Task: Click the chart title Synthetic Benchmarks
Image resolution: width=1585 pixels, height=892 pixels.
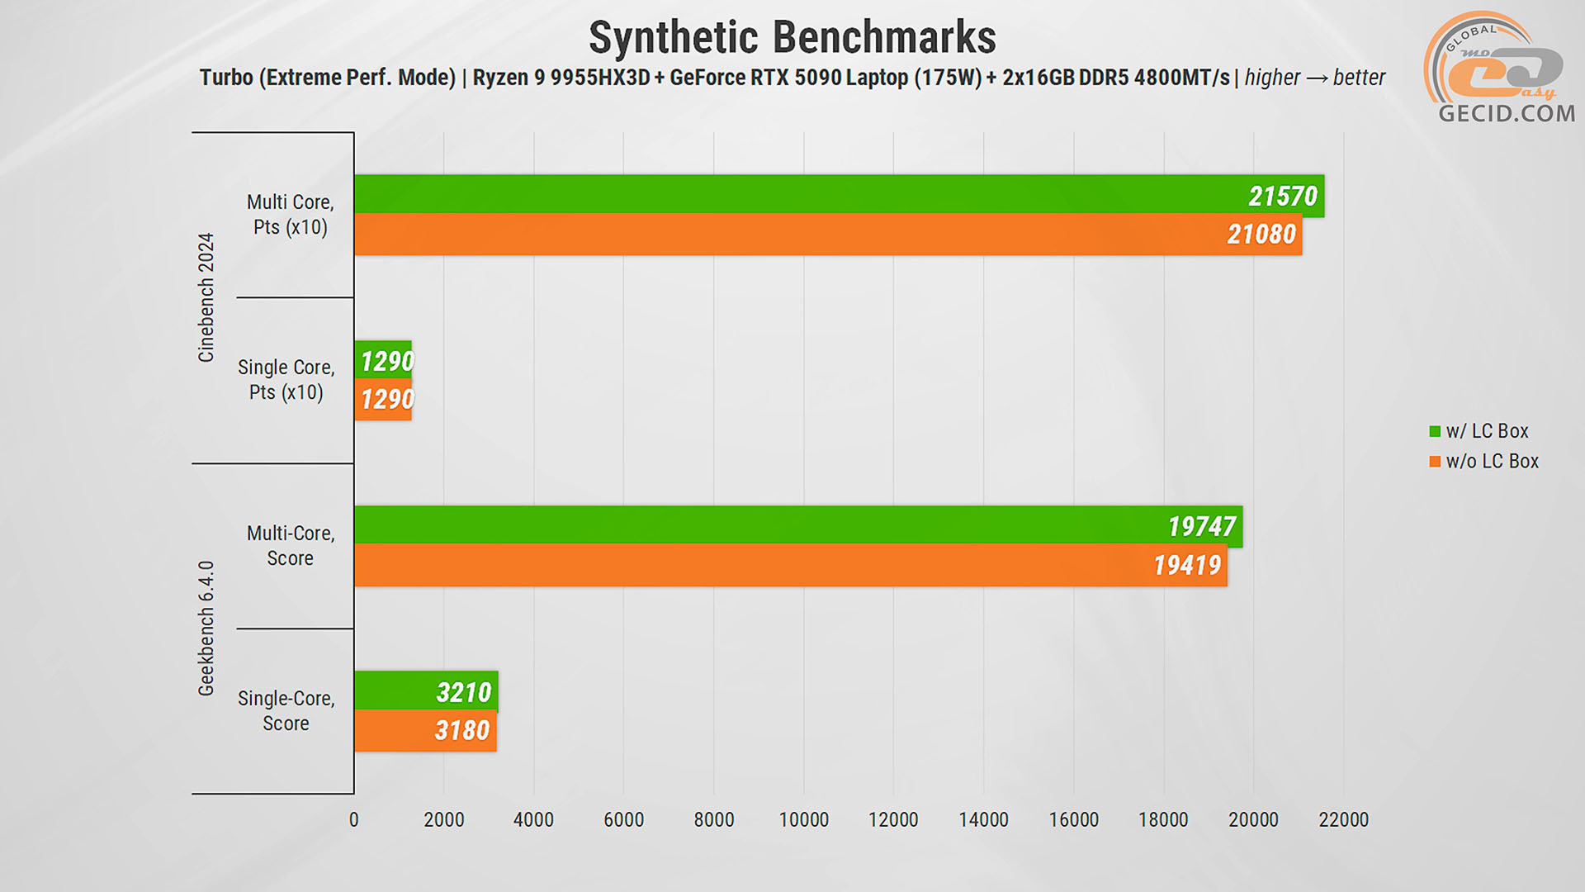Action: point(792,38)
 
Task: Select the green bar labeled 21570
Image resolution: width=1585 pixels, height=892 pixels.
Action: point(838,195)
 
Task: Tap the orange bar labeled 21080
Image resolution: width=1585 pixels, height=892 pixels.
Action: point(827,235)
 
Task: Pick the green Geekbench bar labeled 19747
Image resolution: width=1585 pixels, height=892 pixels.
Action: point(797,525)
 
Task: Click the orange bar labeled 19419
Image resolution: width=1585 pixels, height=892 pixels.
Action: point(790,565)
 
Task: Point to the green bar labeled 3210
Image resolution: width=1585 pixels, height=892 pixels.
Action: point(425,691)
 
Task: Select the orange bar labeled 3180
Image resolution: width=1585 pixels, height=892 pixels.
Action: point(424,730)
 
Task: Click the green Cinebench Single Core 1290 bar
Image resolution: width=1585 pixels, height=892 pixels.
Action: point(383,361)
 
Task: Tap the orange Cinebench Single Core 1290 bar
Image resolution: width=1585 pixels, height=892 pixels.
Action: point(383,400)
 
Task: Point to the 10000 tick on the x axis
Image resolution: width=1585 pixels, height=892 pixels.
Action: point(803,819)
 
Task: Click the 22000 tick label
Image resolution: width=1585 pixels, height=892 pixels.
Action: point(1343,819)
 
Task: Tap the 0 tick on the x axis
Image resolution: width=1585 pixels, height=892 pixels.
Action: point(354,819)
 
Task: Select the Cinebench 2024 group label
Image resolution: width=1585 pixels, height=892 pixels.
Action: point(206,297)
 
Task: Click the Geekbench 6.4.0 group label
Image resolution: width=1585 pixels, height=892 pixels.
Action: point(206,628)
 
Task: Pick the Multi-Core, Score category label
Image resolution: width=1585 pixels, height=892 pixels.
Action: point(291,545)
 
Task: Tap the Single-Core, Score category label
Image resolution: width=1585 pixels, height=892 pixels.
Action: point(286,710)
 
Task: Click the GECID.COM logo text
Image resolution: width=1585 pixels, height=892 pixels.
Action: point(1507,113)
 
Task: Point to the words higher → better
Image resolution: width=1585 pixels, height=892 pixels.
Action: point(1314,78)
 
